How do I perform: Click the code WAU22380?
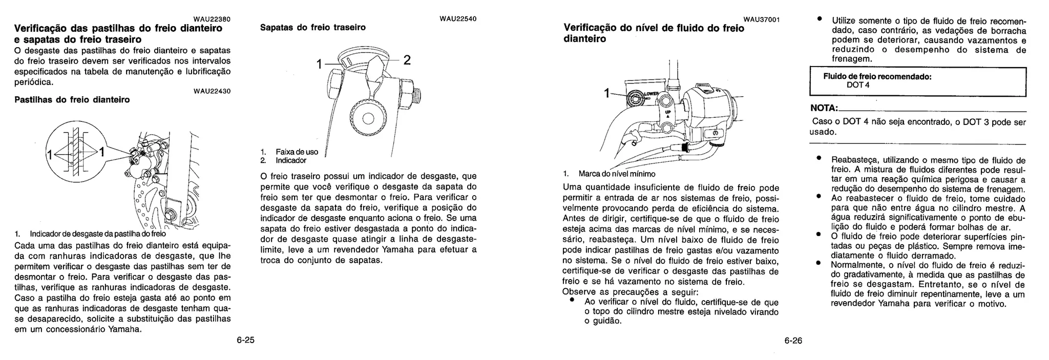(212, 19)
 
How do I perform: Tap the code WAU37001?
(761, 19)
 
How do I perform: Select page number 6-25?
(245, 341)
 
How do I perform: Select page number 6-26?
(793, 341)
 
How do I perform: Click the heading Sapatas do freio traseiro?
(312, 27)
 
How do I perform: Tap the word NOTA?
(824, 109)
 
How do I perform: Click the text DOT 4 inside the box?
(857, 85)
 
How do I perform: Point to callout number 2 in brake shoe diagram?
(407, 60)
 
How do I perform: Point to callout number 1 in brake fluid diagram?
(607, 93)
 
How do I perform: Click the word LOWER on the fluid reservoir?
(651, 94)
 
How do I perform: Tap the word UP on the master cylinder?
(667, 112)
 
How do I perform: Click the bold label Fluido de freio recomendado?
(877, 76)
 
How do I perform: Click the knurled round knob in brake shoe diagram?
(367, 118)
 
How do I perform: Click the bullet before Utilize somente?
(819, 19)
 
